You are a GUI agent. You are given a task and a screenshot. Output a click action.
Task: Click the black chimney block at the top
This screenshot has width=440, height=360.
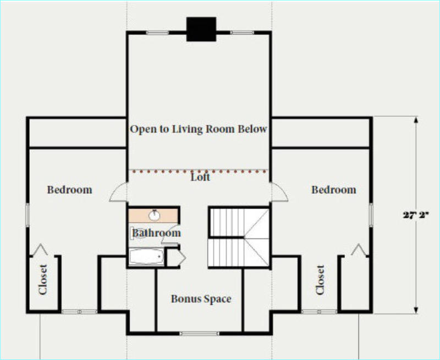(x=201, y=29)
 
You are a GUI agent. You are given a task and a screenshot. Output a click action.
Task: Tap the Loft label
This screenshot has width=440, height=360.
(x=200, y=177)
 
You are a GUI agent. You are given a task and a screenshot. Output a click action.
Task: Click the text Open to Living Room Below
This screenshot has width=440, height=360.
(x=199, y=129)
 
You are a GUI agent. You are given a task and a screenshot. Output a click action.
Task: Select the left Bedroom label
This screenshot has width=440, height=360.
(x=70, y=190)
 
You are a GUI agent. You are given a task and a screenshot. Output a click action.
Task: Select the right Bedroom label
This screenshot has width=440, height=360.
(x=334, y=190)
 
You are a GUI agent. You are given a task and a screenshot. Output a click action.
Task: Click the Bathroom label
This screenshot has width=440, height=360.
(x=156, y=233)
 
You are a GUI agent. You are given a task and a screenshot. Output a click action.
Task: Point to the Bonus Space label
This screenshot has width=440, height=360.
(x=201, y=299)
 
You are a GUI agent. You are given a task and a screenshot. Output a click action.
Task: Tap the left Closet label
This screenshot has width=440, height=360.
(x=43, y=280)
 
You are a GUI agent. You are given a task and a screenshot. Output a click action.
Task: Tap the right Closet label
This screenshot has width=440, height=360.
(x=320, y=280)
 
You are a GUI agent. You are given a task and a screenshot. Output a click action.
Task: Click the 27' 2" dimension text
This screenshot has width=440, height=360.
(x=416, y=215)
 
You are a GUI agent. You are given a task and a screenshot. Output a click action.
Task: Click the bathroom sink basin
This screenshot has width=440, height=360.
(x=154, y=215)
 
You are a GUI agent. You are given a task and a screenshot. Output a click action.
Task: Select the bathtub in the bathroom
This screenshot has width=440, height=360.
(x=146, y=257)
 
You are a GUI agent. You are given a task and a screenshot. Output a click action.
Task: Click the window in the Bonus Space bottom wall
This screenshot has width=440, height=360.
(x=199, y=334)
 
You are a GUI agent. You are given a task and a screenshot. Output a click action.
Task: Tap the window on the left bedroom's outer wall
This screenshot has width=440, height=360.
(x=28, y=215)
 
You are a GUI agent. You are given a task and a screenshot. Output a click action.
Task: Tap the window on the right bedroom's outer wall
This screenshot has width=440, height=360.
(x=371, y=215)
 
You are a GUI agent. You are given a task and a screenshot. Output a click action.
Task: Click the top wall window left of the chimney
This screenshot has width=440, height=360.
(x=157, y=33)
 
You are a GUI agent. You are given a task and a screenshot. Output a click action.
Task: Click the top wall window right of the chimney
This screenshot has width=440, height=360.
(x=242, y=33)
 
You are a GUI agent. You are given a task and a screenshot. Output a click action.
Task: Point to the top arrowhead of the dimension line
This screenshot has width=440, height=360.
(x=416, y=120)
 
